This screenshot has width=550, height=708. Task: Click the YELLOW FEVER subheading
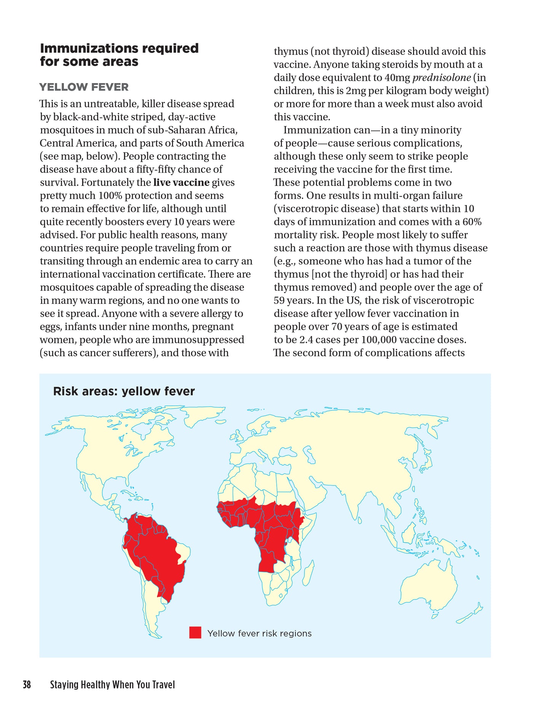pyautogui.click(x=84, y=87)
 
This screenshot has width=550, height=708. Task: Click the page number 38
pyautogui.click(x=27, y=685)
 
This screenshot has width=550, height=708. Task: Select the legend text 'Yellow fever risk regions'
pyautogui.click(x=259, y=633)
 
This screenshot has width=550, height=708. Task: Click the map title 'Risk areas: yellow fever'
pyautogui.click(x=124, y=391)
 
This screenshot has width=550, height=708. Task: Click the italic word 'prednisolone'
pyautogui.click(x=442, y=78)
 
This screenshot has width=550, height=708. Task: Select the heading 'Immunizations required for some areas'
pyautogui.click(x=119, y=55)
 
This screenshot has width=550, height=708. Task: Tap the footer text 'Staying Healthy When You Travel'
pyautogui.click(x=112, y=685)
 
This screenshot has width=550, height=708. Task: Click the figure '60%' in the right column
pyautogui.click(x=472, y=222)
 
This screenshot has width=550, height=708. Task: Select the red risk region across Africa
pyautogui.click(x=266, y=526)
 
